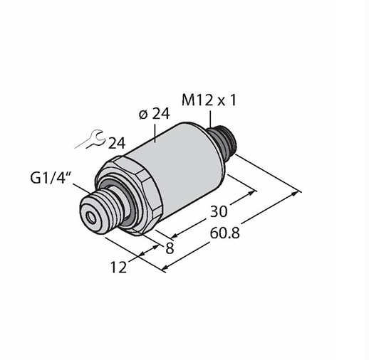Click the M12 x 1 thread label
click(x=209, y=100)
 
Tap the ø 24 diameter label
click(x=155, y=114)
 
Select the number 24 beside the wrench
click(x=117, y=143)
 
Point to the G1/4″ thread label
click(x=48, y=178)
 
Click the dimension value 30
click(x=219, y=211)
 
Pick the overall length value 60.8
click(x=225, y=233)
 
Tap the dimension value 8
click(x=170, y=248)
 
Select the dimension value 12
click(x=118, y=268)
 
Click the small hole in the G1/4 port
click(x=91, y=217)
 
